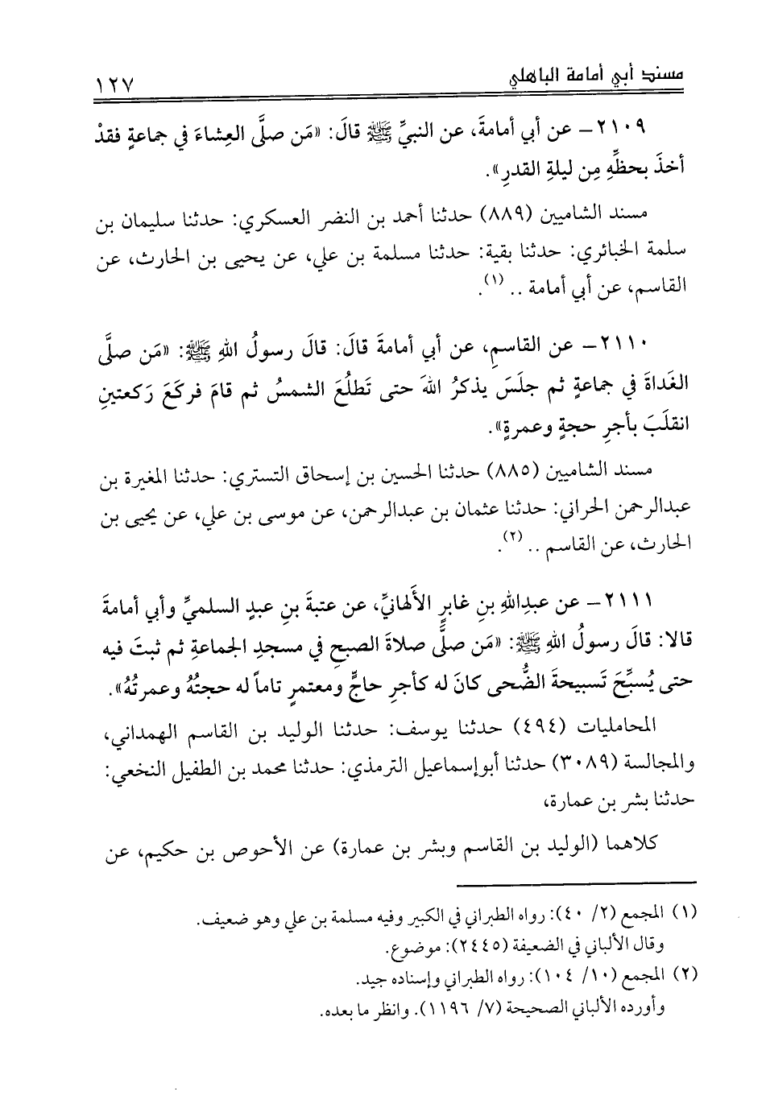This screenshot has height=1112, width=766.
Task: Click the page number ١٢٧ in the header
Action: pos(115,81)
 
